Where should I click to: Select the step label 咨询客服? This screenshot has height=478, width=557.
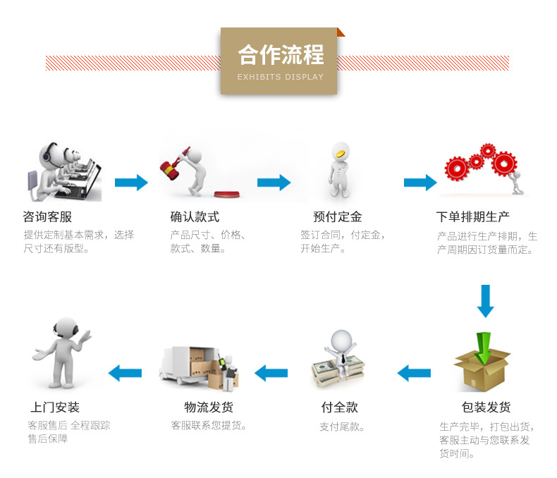[x=47, y=216]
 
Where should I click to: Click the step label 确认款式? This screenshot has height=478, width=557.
[x=195, y=216]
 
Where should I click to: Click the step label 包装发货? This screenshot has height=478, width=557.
[x=486, y=407]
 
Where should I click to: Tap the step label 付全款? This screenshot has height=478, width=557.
[x=339, y=407]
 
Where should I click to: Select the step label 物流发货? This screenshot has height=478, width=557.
[x=209, y=407]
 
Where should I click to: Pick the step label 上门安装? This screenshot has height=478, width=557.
[x=55, y=407]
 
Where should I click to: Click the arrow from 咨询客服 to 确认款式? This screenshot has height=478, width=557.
[x=131, y=183]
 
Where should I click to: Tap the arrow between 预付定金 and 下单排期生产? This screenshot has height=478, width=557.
[x=420, y=183]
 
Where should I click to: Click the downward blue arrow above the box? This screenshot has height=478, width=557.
[x=485, y=301]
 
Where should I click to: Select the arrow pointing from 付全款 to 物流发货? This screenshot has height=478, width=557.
[x=271, y=372]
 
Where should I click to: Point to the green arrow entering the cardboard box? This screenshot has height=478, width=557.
[x=482, y=345]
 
